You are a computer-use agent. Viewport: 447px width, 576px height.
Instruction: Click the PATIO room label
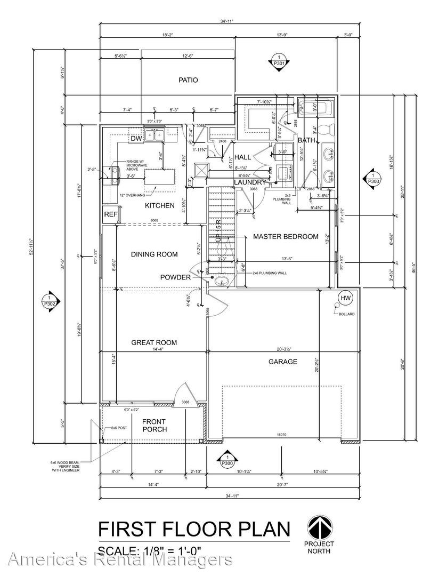click(x=188, y=80)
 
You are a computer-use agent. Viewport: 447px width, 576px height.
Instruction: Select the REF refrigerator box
click(x=110, y=214)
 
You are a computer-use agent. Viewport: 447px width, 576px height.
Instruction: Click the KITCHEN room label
click(x=159, y=205)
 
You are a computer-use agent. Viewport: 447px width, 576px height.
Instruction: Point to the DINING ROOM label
click(x=154, y=254)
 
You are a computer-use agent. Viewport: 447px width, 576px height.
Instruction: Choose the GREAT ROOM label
click(x=154, y=342)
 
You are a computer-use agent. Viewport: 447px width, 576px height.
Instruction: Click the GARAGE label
click(x=282, y=362)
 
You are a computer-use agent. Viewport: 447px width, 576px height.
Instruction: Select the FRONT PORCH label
click(x=155, y=425)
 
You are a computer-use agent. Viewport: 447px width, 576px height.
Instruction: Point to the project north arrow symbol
click(x=320, y=528)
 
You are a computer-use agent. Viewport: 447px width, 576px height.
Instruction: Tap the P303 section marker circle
click(x=373, y=178)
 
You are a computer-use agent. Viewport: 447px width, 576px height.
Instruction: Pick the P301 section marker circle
click(x=278, y=60)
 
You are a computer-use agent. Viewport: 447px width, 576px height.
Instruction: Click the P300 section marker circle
click(x=227, y=460)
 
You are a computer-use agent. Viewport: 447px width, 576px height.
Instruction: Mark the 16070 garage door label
click(x=281, y=435)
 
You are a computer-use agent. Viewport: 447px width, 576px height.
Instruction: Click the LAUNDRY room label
click(x=249, y=182)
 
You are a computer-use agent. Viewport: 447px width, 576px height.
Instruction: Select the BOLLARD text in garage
click(x=346, y=314)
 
